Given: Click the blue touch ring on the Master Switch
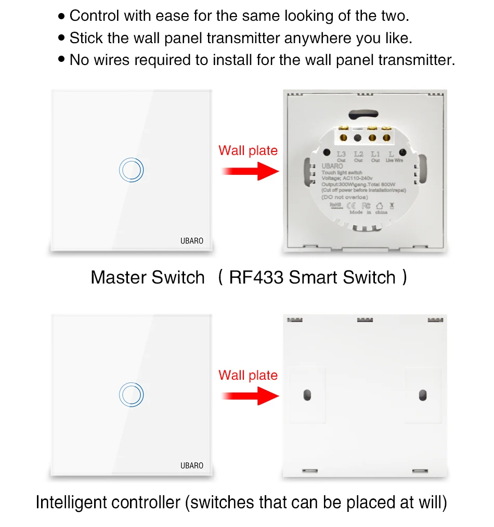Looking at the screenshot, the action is [x=131, y=170].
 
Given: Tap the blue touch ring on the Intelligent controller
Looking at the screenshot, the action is [x=131, y=395].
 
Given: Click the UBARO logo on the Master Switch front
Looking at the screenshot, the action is [x=191, y=241].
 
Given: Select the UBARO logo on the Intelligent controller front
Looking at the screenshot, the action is [x=191, y=466].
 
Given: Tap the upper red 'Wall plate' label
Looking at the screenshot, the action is [x=248, y=151].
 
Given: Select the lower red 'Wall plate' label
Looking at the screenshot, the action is [x=248, y=375].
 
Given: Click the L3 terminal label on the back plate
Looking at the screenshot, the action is [x=341, y=154].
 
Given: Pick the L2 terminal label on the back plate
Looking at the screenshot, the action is [x=358, y=154].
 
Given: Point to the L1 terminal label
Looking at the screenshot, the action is [x=375, y=154].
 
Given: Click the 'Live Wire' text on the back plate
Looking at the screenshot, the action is [x=394, y=160].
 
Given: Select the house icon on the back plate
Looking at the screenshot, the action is [x=379, y=206].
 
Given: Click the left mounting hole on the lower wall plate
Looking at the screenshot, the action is [x=307, y=395].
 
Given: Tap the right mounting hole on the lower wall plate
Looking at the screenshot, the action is [x=422, y=395].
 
